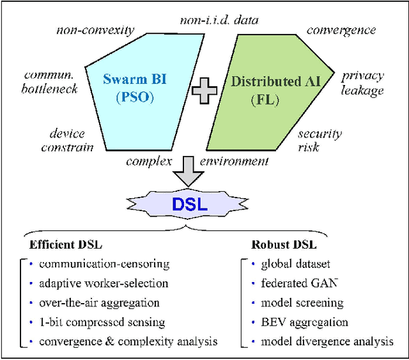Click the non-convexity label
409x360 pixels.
(95, 30)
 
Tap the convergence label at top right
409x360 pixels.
(341, 30)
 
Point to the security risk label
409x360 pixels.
(320, 140)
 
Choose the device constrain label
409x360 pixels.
(71, 140)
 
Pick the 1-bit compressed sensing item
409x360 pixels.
(102, 322)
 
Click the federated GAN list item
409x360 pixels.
(293, 283)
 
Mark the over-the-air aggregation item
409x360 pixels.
(99, 302)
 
